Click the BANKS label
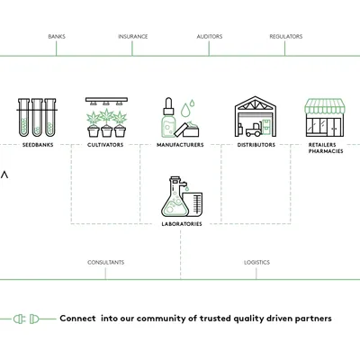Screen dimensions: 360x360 (57, 37)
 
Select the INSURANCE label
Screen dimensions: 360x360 (133, 37)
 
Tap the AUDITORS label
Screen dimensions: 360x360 (210, 37)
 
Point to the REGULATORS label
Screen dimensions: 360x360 (286, 37)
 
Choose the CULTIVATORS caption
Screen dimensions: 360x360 (106, 145)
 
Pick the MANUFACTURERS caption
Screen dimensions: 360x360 (180, 145)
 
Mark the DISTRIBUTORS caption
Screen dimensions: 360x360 (256, 145)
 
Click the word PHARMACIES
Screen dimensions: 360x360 (326, 151)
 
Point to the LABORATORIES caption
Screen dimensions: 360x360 (181, 223)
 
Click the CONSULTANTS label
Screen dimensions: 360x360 (106, 263)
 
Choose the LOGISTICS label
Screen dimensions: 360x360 (256, 263)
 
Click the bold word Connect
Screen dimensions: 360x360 (78, 319)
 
